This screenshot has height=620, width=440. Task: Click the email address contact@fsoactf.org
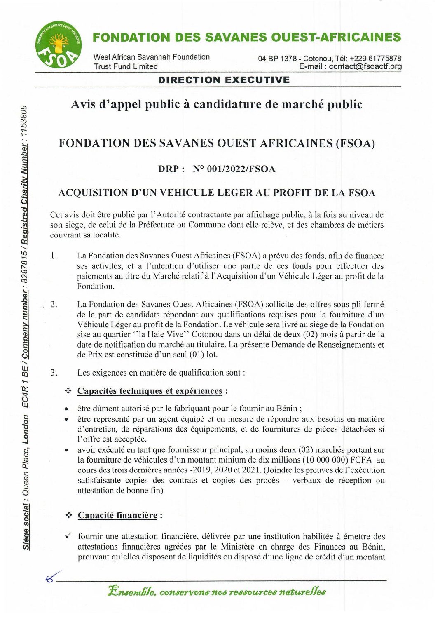click(x=365, y=67)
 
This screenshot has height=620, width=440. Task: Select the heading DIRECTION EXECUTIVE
click(x=224, y=80)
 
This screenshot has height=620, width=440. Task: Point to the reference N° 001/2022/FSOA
click(x=234, y=169)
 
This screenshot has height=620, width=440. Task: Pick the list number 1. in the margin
click(x=54, y=256)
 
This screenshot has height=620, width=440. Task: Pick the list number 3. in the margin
click(x=54, y=373)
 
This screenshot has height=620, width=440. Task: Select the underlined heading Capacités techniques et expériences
click(x=150, y=391)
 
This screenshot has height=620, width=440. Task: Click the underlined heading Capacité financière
click(x=117, y=516)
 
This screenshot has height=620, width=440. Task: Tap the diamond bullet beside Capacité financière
click(x=69, y=515)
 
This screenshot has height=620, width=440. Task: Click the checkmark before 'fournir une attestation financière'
click(x=68, y=536)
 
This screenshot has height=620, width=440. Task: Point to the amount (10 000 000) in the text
click(x=326, y=460)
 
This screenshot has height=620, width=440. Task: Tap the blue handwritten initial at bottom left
click(x=53, y=577)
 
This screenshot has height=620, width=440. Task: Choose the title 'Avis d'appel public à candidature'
click(x=216, y=105)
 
